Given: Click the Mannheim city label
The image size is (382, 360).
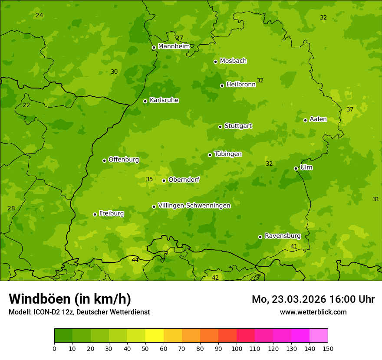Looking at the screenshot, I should click(174, 46).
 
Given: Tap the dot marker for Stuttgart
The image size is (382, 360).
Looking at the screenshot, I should click(220, 127).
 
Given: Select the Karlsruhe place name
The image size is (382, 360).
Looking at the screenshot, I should click(164, 100).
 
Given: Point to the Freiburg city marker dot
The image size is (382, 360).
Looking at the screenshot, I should click(95, 214).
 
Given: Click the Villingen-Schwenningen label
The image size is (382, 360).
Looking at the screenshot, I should click(194, 206).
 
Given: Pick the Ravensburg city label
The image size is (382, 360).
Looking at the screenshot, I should click(283, 236).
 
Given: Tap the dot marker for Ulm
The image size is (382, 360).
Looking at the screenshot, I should click(296, 168).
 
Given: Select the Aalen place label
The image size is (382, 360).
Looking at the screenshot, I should click(318, 119).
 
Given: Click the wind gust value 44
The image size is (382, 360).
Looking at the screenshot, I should click(135, 260).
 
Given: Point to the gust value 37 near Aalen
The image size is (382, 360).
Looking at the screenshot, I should click(350, 110).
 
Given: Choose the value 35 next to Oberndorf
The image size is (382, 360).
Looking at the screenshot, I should click(149, 179).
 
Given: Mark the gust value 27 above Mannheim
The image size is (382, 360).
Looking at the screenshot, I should click(180, 38).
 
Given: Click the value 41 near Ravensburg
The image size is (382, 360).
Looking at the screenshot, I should click(294, 246).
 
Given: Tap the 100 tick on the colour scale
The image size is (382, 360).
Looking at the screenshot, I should click(237, 348).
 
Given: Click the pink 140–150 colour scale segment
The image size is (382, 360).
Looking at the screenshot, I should click(319, 336).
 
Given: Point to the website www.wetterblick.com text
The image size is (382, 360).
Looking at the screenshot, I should click(313, 312).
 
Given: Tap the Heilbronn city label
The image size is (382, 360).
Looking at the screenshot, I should click(241, 85).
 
